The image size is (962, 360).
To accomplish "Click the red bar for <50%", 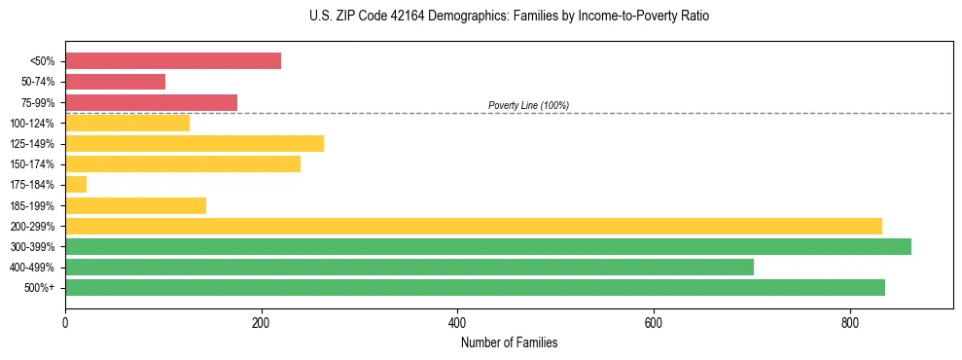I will click(x=173, y=61).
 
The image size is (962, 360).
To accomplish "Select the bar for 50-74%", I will click(x=115, y=82).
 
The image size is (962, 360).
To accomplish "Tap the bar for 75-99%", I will click(x=151, y=102).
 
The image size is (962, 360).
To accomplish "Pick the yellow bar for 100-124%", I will click(x=127, y=123).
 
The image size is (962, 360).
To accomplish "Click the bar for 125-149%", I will click(x=195, y=144).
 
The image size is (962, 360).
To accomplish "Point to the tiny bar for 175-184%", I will click(x=76, y=185).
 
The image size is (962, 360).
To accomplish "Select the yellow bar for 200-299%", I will click(x=474, y=226).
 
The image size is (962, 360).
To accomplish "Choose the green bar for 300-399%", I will click(x=488, y=246).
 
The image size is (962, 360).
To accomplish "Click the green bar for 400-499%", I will click(x=410, y=267).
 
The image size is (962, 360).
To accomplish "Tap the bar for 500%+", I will click(x=475, y=287).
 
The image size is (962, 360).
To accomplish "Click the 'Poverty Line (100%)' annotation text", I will click(x=528, y=105).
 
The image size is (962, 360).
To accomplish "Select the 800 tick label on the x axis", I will click(x=849, y=323).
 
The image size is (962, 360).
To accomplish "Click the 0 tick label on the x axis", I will click(x=65, y=323).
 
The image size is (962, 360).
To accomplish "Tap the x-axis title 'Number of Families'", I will click(x=509, y=342).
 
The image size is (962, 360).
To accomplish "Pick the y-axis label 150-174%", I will click(x=32, y=164).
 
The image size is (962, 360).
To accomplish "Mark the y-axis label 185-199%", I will click(x=32, y=205).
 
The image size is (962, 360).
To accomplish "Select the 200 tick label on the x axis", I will click(x=261, y=323).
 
